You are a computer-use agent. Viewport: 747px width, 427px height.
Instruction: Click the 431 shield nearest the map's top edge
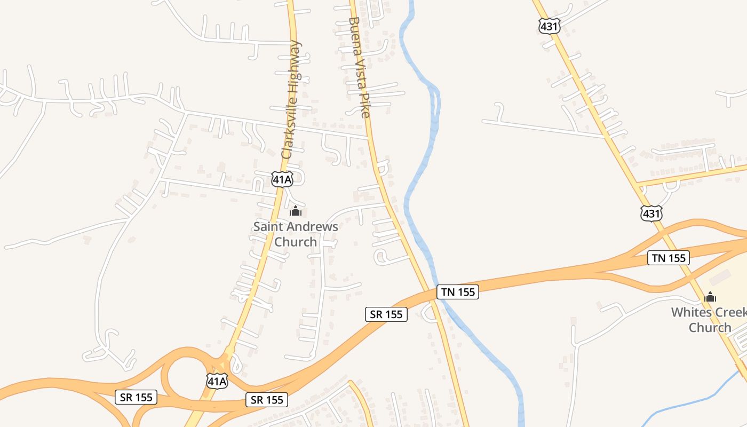[550, 25]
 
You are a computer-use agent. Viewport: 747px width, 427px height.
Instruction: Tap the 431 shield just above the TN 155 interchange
[652, 213]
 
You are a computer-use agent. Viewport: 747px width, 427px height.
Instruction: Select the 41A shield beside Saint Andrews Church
[282, 179]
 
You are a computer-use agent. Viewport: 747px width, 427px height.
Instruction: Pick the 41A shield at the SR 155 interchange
[217, 381]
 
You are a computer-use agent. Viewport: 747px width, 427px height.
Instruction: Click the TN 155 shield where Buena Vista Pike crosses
[457, 292]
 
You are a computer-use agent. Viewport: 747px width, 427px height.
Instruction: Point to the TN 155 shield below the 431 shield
[669, 258]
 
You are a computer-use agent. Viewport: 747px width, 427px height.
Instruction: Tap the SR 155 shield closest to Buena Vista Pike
[386, 314]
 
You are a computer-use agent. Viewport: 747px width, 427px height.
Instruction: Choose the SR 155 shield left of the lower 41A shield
[136, 397]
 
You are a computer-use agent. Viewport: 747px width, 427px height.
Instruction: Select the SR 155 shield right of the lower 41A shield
[267, 400]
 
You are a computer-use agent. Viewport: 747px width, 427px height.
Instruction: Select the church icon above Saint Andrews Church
[296, 212]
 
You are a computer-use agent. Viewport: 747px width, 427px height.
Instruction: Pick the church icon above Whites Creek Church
[710, 297]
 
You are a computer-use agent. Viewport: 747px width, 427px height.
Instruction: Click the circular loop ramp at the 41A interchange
[185, 376]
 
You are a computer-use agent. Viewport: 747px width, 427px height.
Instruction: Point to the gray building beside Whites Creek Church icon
[720, 277]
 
